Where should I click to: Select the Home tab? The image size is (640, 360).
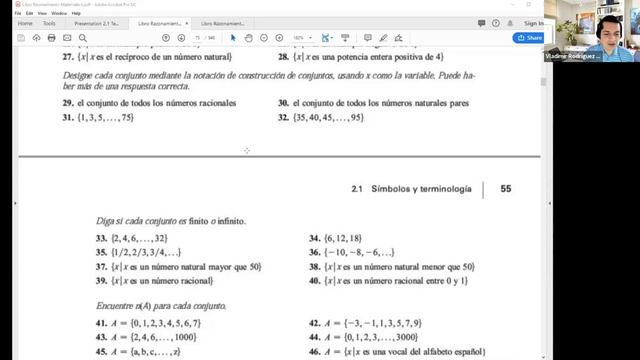[25, 22]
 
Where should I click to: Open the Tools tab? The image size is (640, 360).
[49, 22]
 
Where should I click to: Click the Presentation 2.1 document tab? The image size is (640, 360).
[102, 22]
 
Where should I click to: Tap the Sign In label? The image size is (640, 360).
[532, 23]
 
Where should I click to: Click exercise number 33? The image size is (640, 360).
[101, 239]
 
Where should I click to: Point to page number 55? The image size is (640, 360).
[506, 187]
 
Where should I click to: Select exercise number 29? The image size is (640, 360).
[68, 103]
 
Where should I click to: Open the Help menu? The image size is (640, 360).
[76, 13]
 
